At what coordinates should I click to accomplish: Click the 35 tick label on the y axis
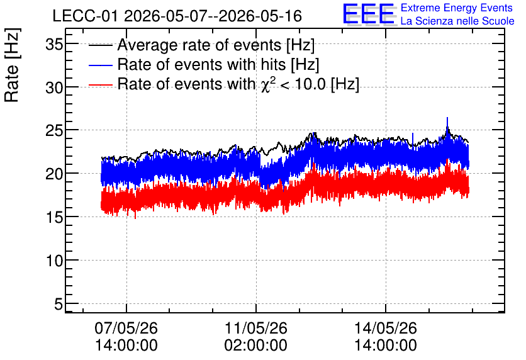coord(54,44)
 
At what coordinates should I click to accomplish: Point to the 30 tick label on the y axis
coord(54,88)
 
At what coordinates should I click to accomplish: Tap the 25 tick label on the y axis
coord(54,131)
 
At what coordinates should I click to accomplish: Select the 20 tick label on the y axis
coord(54,174)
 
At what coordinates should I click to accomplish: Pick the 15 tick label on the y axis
coord(54,217)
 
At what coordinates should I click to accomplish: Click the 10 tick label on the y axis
coord(54,261)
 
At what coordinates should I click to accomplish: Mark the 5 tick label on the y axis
coord(59,305)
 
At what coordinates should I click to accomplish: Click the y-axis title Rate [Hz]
coord(12,65)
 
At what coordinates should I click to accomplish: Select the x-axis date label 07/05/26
coord(126,328)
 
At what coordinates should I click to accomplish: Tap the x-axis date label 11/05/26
coord(255,328)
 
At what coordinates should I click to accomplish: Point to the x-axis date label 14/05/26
coord(386,328)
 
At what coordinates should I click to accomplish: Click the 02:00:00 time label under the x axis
coord(255,346)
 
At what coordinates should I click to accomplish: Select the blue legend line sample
coord(100,65)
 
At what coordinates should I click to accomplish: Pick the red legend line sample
coord(100,85)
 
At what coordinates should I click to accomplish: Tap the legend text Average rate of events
coord(199,45)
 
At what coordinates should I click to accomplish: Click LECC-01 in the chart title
coord(86,16)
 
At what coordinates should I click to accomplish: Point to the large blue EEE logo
coord(369,14)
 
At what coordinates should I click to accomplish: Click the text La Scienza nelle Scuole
coord(457,21)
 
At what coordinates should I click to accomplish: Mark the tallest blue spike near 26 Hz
coord(447,125)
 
